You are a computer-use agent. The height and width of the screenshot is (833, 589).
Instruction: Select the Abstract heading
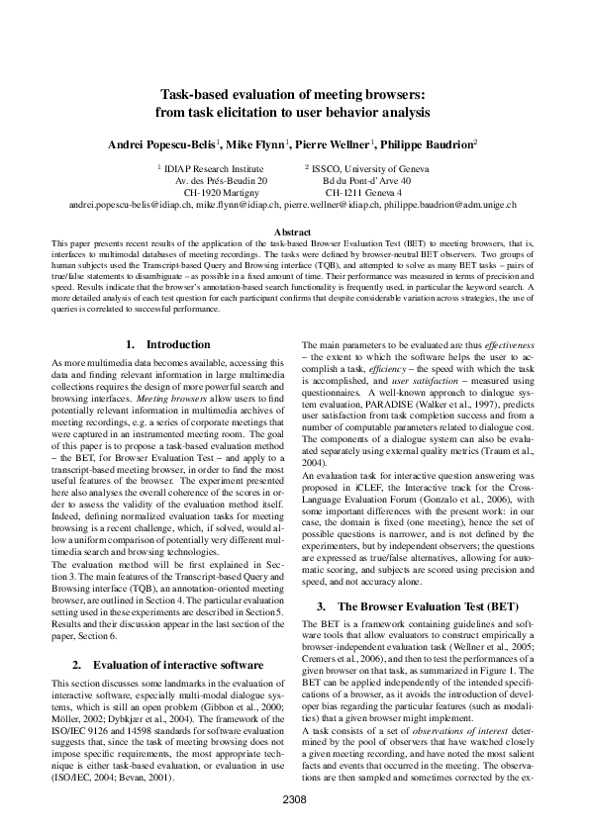pyautogui.click(x=294, y=231)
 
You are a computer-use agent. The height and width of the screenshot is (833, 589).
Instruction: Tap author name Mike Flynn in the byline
pyautogui.click(x=255, y=143)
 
